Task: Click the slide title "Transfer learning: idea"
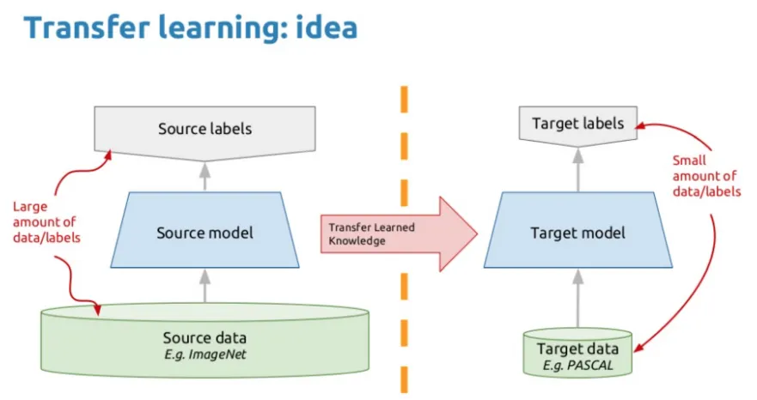point(190,28)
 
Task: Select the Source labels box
point(205,130)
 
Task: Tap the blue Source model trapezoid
point(205,232)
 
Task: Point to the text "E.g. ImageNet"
point(205,353)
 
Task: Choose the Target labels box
point(577,124)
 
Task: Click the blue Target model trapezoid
point(577,232)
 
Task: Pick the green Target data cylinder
point(577,353)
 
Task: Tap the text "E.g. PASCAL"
point(577,364)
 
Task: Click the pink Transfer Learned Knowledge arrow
point(395,232)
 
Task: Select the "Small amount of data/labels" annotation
point(705,176)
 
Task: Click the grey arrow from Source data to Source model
point(205,286)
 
